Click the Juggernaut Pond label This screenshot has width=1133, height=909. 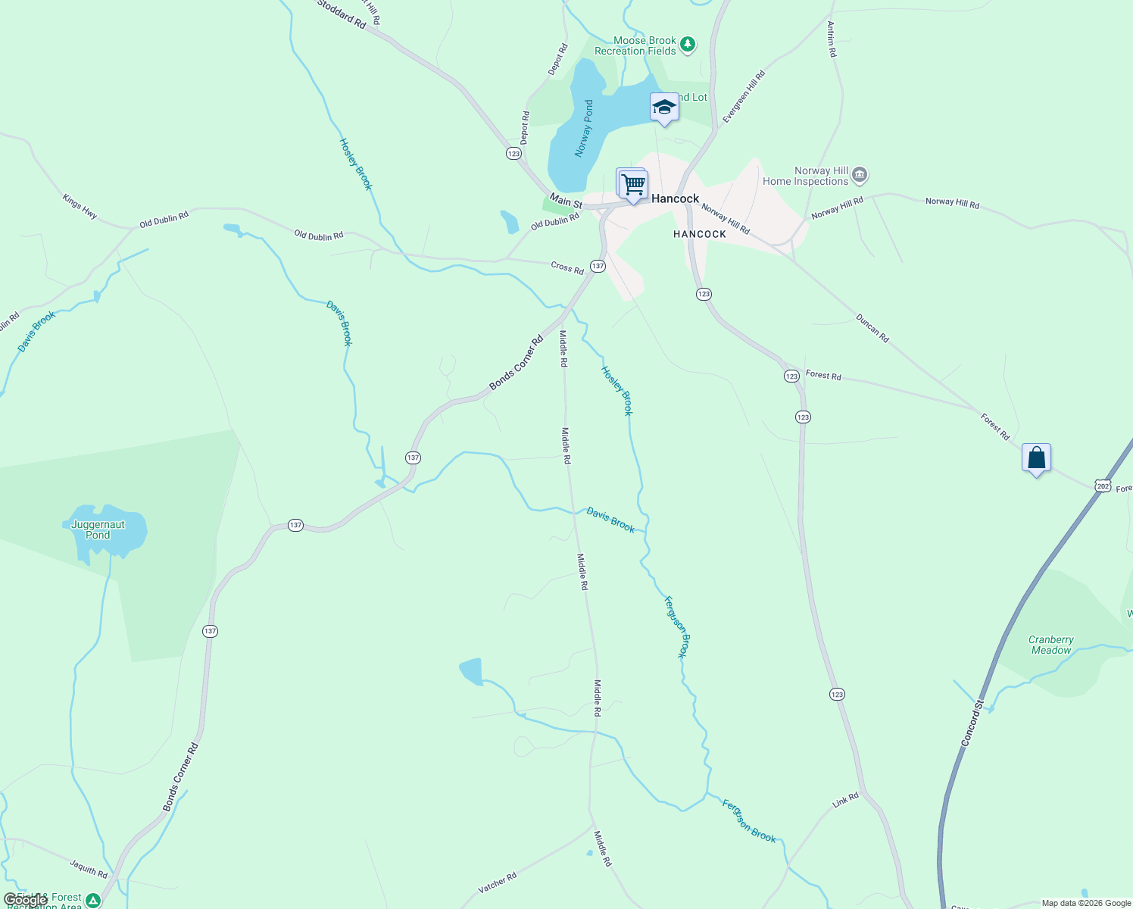pyautogui.click(x=98, y=529)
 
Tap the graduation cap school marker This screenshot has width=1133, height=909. pyautogui.click(x=664, y=108)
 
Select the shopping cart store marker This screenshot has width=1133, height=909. pyautogui.click(x=632, y=184)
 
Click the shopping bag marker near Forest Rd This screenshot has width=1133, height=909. pyautogui.click(x=1036, y=458)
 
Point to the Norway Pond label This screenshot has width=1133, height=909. pyautogui.click(x=584, y=128)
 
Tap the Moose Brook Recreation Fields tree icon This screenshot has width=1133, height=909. pyautogui.click(x=688, y=45)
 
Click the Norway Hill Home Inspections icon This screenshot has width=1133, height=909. pyautogui.click(x=860, y=176)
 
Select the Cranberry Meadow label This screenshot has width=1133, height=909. pyautogui.click(x=1051, y=645)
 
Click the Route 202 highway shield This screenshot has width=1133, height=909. pyautogui.click(x=1103, y=486)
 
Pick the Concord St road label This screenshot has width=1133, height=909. pyautogui.click(x=972, y=723)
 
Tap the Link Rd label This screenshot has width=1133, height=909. pyautogui.click(x=845, y=800)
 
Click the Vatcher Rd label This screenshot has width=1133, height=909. pyautogui.click(x=498, y=882)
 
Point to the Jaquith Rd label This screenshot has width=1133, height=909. pyautogui.click(x=89, y=867)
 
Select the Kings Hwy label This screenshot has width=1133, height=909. pyautogui.click(x=80, y=207)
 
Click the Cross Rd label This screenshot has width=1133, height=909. pyautogui.click(x=567, y=267)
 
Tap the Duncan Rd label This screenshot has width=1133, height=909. pyautogui.click(x=872, y=328)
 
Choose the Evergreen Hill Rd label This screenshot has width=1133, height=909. pyautogui.click(x=744, y=96)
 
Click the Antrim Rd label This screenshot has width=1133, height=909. pyautogui.click(x=832, y=39)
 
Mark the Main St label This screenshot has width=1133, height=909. pyautogui.click(x=566, y=201)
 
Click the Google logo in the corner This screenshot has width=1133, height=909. pyautogui.click(x=25, y=900)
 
